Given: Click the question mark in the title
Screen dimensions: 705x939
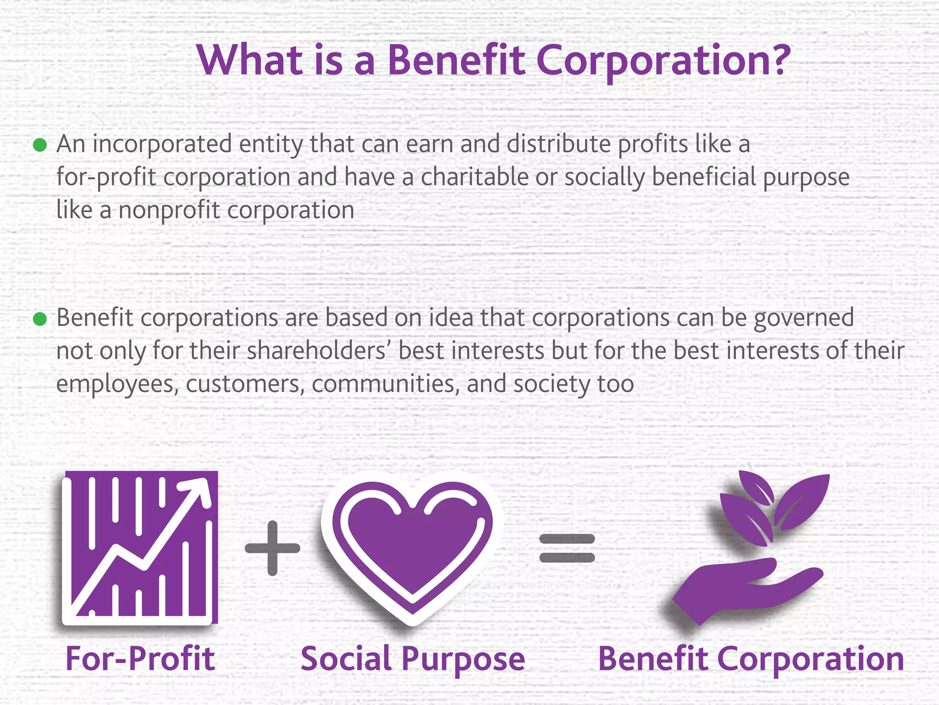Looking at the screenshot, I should pyautogui.click(x=776, y=60).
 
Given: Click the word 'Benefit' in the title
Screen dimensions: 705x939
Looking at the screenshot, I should pyautogui.click(x=456, y=60).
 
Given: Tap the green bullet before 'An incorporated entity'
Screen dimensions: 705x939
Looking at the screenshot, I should pyautogui.click(x=40, y=145).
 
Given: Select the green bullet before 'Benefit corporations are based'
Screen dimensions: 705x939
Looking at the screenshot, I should pyautogui.click(x=40, y=319).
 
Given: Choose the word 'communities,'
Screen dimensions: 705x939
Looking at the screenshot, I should pyautogui.click(x=386, y=384).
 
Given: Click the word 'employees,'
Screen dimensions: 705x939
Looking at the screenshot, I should pyautogui.click(x=117, y=385).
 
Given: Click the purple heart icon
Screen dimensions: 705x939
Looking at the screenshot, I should pyautogui.click(x=412, y=546).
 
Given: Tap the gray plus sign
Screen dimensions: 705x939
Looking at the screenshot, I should pyautogui.click(x=272, y=548).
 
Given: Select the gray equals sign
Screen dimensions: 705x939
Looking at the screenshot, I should pyautogui.click(x=567, y=548).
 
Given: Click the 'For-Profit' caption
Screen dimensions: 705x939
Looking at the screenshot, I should pyautogui.click(x=140, y=659).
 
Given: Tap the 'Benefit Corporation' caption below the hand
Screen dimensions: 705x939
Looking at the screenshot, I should pyautogui.click(x=751, y=659).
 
